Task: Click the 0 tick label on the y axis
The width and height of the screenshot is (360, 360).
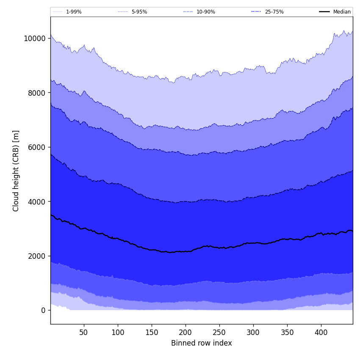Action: [43, 310]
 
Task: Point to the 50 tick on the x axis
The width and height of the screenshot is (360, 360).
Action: [84, 332]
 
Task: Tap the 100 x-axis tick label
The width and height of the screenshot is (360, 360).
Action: [118, 332]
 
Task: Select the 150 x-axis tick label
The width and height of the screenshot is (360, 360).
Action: [152, 332]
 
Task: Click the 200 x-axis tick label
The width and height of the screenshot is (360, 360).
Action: [186, 332]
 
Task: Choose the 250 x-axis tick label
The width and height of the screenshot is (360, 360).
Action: [219, 332]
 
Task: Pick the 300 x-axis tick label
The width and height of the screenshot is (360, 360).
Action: [253, 332]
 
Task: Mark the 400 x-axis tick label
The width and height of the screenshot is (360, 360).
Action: [321, 332]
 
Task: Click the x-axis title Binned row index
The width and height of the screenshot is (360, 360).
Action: [202, 343]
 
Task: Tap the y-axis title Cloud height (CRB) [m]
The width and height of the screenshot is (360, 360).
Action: [16, 171]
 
